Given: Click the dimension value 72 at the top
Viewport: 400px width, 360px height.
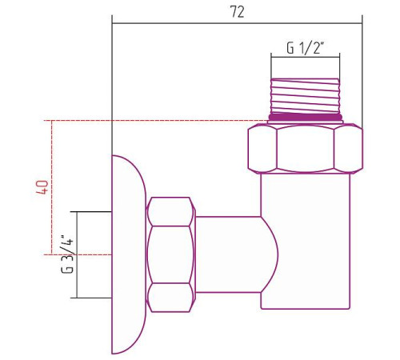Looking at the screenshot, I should coord(237,11).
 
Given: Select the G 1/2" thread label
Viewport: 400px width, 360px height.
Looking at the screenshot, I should coord(305,47).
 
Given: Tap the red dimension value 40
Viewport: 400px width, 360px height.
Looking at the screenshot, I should coord(43,188).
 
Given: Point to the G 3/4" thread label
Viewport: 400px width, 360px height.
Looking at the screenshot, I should coord(68,254).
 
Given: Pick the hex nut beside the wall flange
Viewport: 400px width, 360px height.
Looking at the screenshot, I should coord(171,254).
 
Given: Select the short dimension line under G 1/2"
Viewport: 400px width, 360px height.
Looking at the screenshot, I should coord(305,58).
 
